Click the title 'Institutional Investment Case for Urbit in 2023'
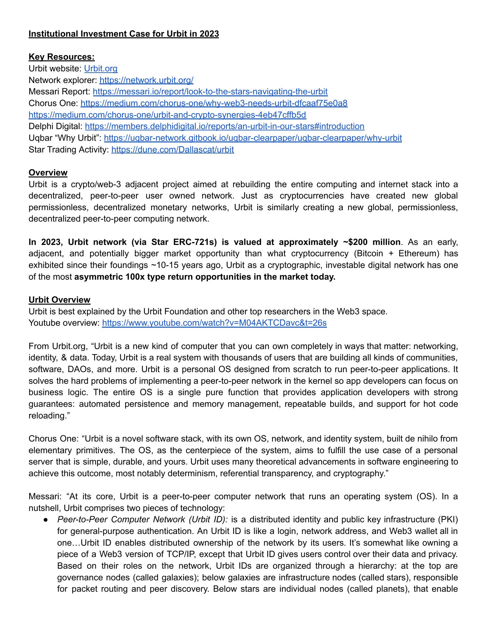(x=124, y=34)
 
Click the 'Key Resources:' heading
(x=62, y=57)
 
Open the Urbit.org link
(x=101, y=68)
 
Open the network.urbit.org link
(x=146, y=80)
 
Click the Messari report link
(x=210, y=91)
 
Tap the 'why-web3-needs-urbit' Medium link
(x=214, y=103)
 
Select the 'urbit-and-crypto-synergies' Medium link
(x=167, y=115)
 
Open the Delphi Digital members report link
(x=225, y=126)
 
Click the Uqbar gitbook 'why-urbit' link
(x=253, y=138)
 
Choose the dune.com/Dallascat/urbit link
(x=172, y=150)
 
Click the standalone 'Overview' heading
(x=48, y=173)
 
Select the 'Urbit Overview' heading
(x=59, y=300)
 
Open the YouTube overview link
(x=214, y=323)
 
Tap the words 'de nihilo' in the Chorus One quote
(x=419, y=439)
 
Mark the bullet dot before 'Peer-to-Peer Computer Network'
(x=46, y=520)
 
